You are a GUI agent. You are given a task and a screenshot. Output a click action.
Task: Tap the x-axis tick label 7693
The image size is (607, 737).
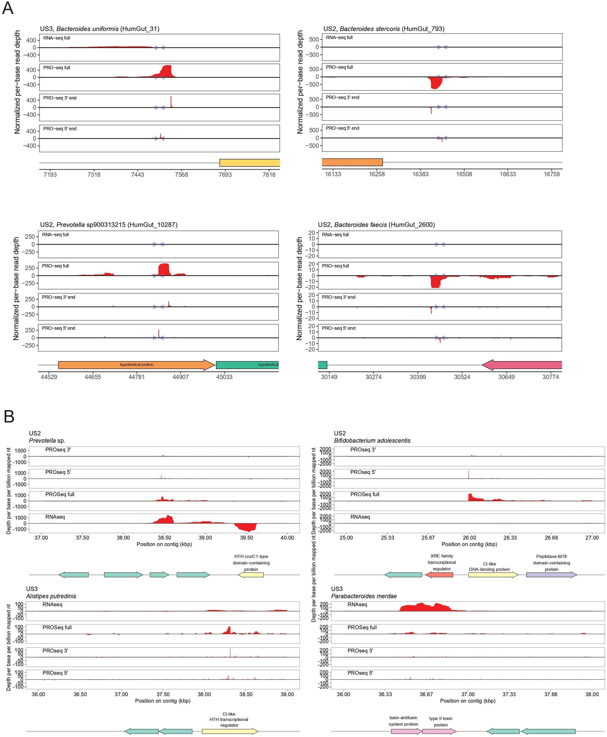coord(225,174)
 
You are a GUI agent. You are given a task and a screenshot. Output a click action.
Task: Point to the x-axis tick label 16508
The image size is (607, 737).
coord(464,174)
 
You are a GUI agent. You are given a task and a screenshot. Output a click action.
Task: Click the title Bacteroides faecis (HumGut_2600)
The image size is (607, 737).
coord(376,225)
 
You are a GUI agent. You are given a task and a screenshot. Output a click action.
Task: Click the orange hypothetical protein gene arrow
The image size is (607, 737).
coord(136,365)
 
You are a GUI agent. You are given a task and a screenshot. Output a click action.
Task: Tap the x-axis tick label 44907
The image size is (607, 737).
coord(180,377)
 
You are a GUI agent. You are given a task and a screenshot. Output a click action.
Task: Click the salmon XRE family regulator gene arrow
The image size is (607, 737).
coord(439,575)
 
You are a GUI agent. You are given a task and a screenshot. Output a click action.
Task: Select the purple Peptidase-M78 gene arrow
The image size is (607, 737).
coord(551,575)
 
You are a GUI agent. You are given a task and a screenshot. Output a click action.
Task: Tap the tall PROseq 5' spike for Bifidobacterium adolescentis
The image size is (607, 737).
coord(468,474)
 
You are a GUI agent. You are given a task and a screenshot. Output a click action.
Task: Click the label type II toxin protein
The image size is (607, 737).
coord(441,722)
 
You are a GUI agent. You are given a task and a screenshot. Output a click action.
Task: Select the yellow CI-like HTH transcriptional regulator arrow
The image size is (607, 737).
coord(230,731)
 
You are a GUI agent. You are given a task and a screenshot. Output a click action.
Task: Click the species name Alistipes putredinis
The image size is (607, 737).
coord(51,596)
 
